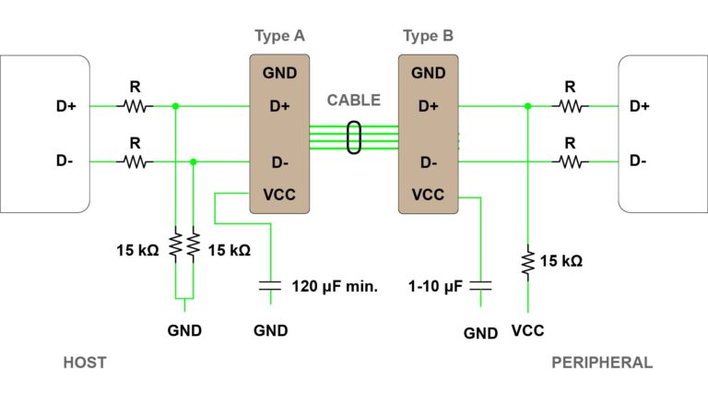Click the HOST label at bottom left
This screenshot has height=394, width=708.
point(84,363)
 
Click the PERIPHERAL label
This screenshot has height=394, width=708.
point(601,363)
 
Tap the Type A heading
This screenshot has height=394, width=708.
point(279,36)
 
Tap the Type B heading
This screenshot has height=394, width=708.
point(428,36)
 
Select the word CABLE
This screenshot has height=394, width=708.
point(353,101)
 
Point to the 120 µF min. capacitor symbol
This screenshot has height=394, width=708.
point(270,286)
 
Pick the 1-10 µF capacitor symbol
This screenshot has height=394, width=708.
point(480,286)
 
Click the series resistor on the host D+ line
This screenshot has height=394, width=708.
point(135,106)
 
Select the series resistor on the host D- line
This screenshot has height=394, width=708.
point(135,162)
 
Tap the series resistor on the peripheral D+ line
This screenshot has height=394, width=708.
point(570,106)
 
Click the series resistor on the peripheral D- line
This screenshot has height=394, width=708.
point(570,162)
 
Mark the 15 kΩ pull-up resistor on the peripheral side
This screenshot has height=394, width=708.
point(527,262)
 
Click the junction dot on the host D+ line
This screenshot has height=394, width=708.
point(175,106)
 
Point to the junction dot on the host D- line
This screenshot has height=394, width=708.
point(193,162)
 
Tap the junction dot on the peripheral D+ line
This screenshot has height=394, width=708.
point(527,106)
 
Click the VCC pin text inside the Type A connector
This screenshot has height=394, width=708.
point(279,195)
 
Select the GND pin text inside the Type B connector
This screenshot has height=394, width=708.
point(428,73)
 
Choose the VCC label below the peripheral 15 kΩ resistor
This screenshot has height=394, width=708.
point(527,331)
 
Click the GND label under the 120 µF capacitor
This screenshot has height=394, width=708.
point(271,331)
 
